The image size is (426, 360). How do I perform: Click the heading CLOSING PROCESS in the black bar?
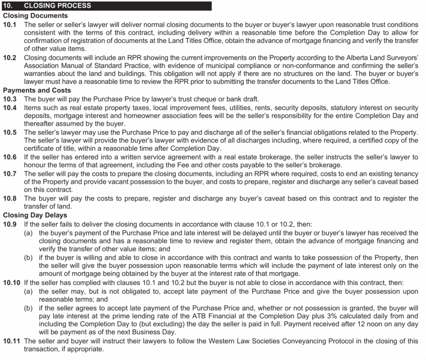tap(58, 6)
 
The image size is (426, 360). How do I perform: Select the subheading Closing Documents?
tap(35, 15)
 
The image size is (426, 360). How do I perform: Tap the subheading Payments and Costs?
tap(37, 90)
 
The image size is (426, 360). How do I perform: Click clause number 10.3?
tap(10, 99)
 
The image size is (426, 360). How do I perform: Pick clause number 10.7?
tap(10, 174)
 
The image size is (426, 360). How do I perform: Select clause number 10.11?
tap(12, 341)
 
